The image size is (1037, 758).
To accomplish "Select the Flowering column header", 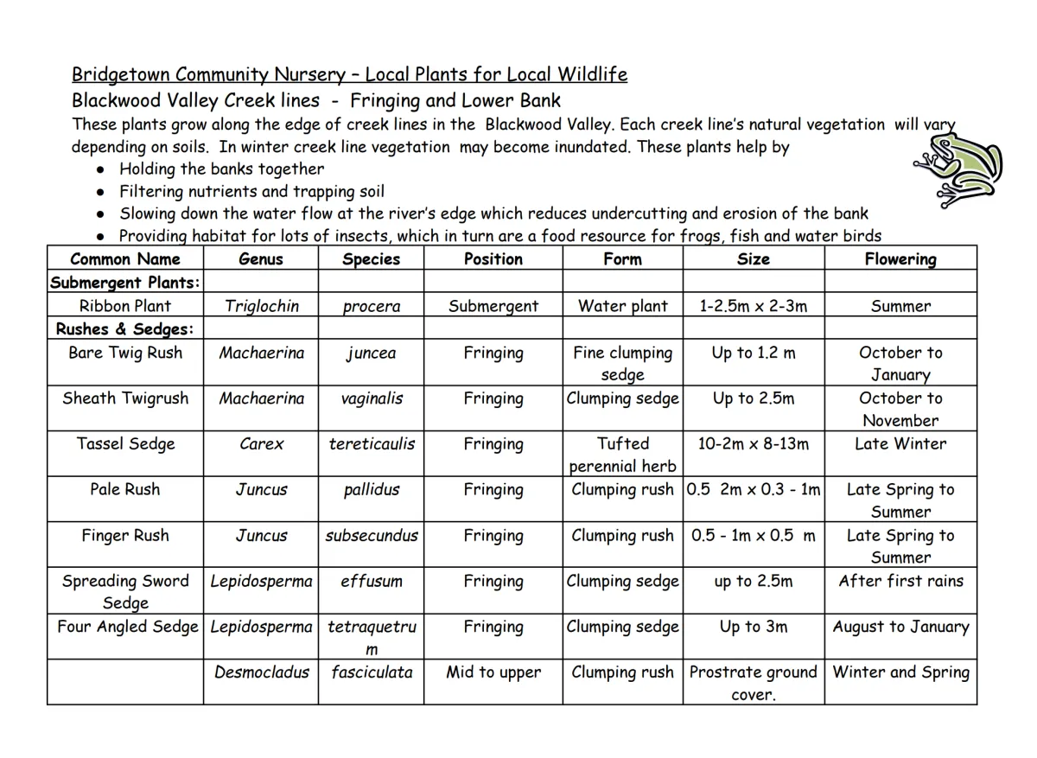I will click(900, 259).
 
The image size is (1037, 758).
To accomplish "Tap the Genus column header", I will click(260, 259).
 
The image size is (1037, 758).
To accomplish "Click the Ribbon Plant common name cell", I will click(125, 306).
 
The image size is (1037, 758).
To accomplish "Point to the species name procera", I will click(371, 307).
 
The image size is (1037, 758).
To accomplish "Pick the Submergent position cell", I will click(493, 306).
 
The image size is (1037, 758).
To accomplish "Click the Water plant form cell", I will click(622, 306).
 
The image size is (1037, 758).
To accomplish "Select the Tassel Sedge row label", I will click(125, 444).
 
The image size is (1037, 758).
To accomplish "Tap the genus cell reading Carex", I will click(261, 444).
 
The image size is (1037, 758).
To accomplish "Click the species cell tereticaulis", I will click(372, 444).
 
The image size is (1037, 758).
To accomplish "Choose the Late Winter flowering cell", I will click(900, 444).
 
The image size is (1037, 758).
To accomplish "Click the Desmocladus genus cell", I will click(261, 672).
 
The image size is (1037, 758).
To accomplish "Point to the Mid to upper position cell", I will click(493, 672).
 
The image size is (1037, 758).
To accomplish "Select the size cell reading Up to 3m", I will click(753, 627).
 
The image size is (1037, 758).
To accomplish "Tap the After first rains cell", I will click(900, 581).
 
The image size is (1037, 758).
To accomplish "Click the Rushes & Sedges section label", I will click(124, 329).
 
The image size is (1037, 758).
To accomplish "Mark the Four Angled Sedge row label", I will click(127, 627).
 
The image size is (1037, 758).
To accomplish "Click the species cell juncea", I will click(372, 353).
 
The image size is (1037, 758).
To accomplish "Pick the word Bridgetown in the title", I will click(120, 75).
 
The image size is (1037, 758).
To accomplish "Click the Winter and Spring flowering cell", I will click(900, 672).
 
